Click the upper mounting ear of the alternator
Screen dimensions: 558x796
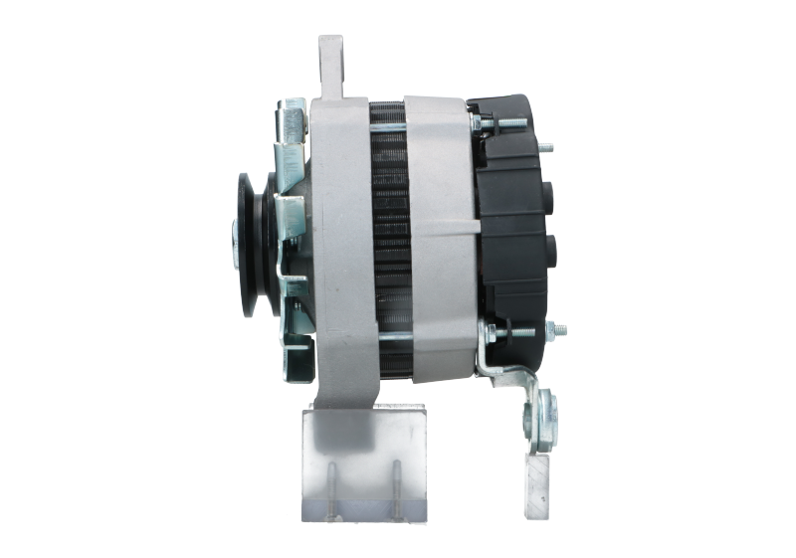330,65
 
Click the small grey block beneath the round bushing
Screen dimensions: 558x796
536,472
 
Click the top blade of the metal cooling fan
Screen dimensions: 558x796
292,118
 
